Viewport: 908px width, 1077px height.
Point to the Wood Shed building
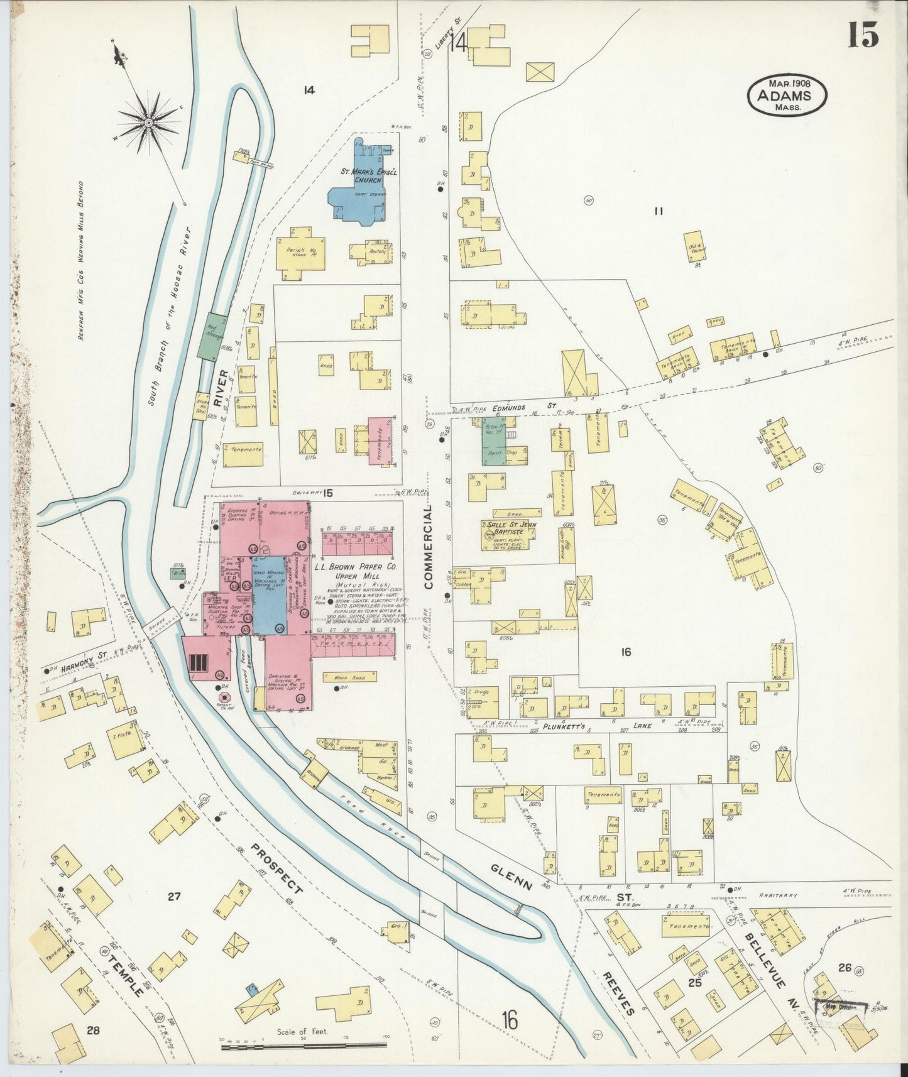[349, 677]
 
